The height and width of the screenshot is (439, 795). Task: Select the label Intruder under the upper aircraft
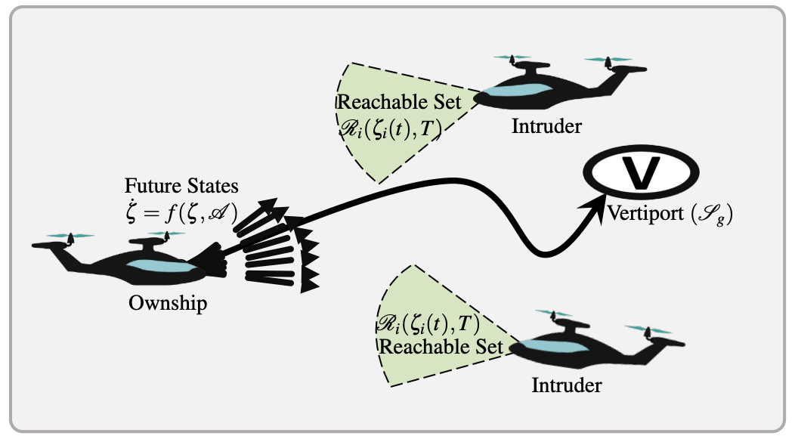click(x=546, y=125)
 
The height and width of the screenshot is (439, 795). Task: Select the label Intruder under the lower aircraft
click(x=567, y=385)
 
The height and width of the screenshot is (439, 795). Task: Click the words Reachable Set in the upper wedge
click(x=391, y=102)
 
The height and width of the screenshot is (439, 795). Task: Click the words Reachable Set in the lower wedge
click(x=441, y=348)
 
